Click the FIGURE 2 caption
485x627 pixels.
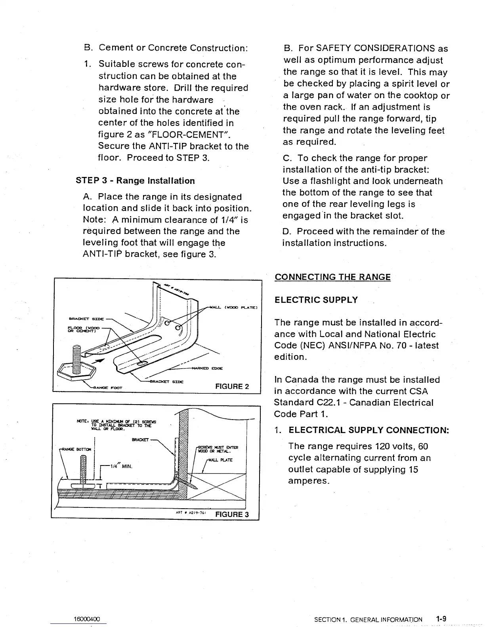[x=232, y=386]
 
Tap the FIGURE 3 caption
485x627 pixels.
[x=231, y=514]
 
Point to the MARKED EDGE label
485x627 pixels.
[x=207, y=368]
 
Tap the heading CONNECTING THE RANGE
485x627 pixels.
[x=332, y=277]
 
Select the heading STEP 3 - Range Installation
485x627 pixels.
[x=135, y=181]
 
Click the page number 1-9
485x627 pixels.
[x=441, y=618]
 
